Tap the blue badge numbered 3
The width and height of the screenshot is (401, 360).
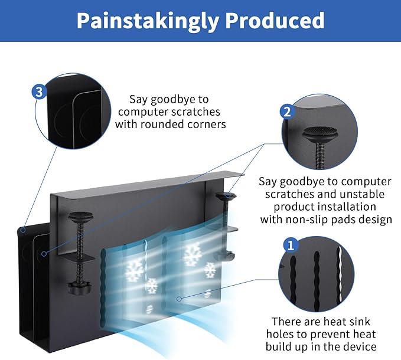39,92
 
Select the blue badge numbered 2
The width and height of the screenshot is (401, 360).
286,112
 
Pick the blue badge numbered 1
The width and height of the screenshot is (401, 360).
291,244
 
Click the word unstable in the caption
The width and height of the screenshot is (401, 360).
365,194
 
